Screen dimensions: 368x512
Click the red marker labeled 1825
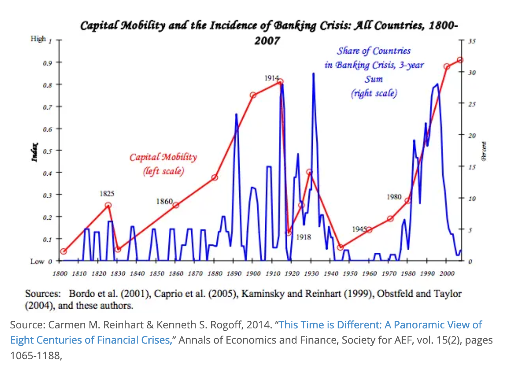pos(108,205)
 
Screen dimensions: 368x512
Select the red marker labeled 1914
pos(281,82)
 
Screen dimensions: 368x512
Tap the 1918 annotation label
pos(304,237)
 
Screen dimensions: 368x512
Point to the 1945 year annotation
pos(359,229)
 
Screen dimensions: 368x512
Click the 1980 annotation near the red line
pos(394,197)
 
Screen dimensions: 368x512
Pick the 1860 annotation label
pos(164,201)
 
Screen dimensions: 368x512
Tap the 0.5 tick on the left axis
pos(47,150)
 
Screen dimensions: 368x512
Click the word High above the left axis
pos(38,39)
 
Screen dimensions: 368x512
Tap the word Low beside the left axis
pos(37,261)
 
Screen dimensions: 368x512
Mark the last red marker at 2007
pos(460,60)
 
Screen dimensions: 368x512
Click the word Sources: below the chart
pos(42,294)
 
